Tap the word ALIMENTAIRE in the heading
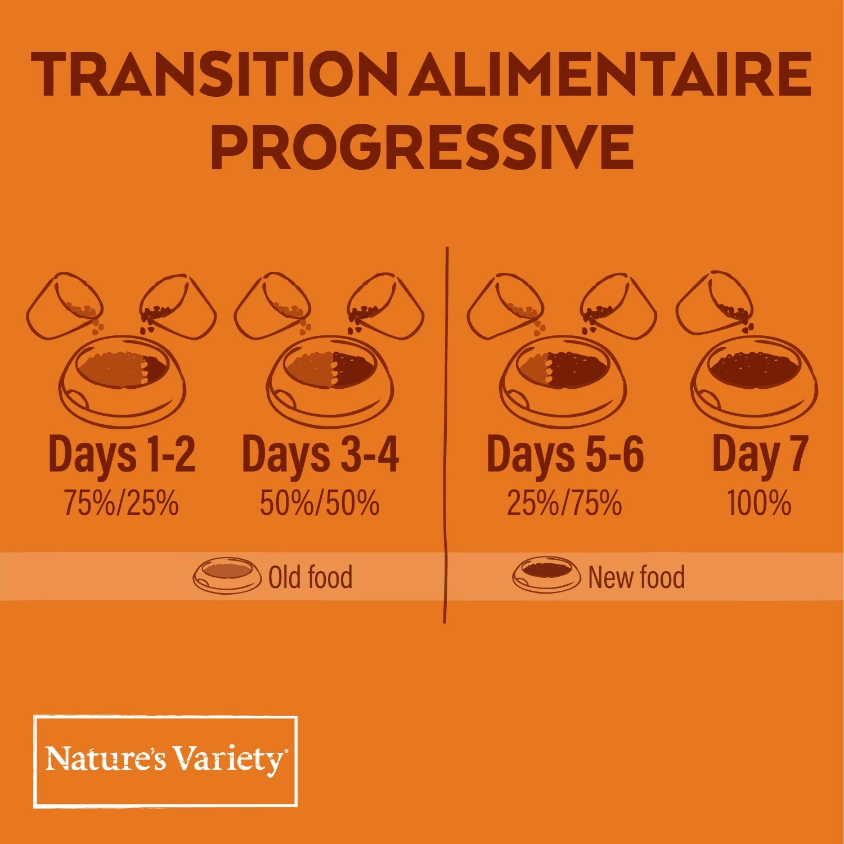pyautogui.click(x=610, y=74)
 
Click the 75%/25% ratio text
pyautogui.click(x=121, y=502)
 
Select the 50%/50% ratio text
pyautogui.click(x=319, y=502)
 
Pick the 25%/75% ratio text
pyautogui.click(x=564, y=502)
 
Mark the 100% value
pyautogui.click(x=759, y=502)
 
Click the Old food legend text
pyautogui.click(x=310, y=577)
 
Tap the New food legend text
pyautogui.click(x=636, y=577)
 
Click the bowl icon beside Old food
pyautogui.click(x=227, y=575)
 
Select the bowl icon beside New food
pyautogui.click(x=546, y=575)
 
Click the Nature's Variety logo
pyautogui.click(x=165, y=761)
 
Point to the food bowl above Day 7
pyautogui.click(x=754, y=380)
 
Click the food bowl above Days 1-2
pyautogui.click(x=122, y=380)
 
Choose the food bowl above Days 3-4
pyautogui.click(x=329, y=380)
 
